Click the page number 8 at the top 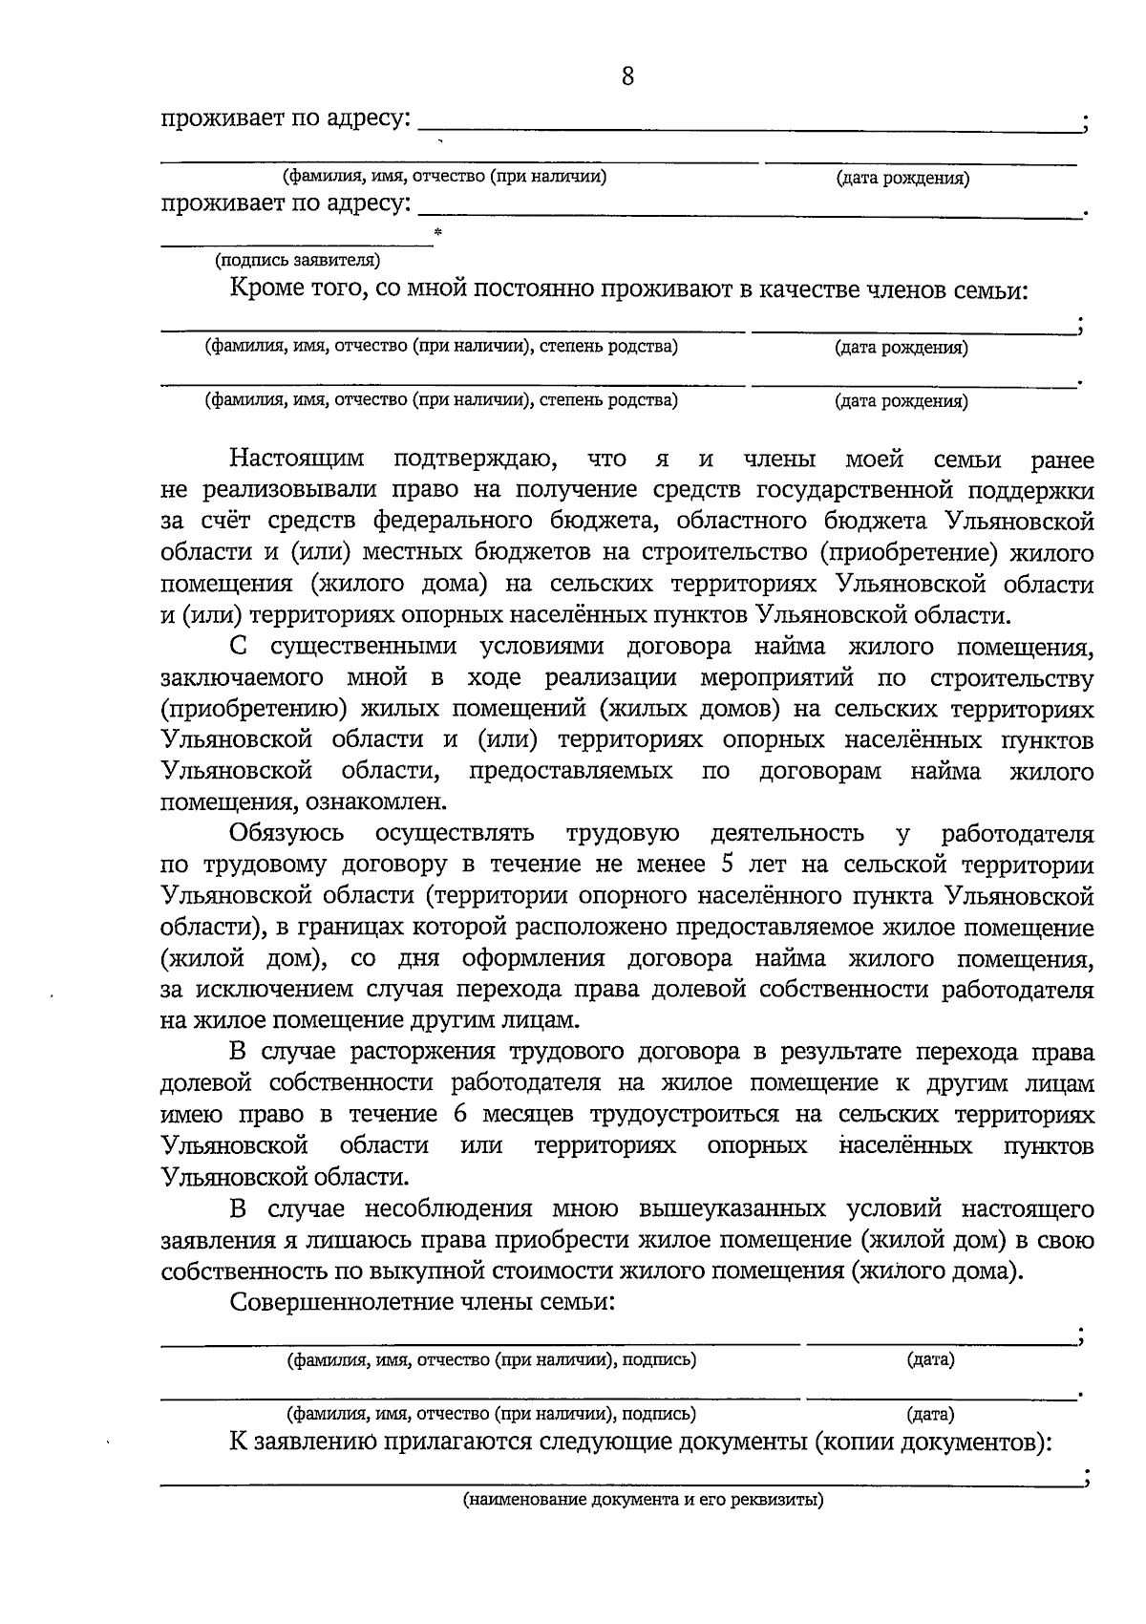tap(627, 76)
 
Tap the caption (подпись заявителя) tap(297, 260)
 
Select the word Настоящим tap(297, 459)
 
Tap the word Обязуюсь tap(286, 833)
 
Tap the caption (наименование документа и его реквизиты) tap(643, 1500)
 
